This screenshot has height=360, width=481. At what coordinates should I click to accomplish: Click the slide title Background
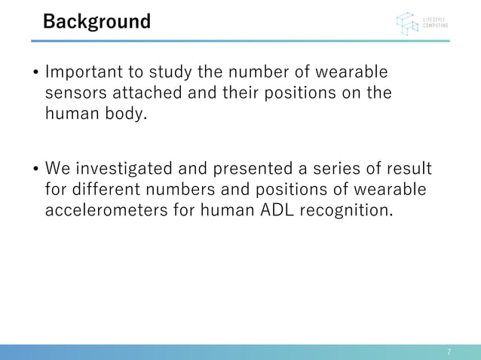(97, 21)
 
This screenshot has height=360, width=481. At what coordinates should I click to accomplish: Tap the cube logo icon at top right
(407, 23)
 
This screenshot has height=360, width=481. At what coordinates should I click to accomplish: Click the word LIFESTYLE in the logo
(434, 18)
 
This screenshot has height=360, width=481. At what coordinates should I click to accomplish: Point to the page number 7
(449, 352)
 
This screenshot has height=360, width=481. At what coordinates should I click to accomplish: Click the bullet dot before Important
(35, 75)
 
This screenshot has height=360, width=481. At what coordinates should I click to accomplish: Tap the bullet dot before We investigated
(35, 168)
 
